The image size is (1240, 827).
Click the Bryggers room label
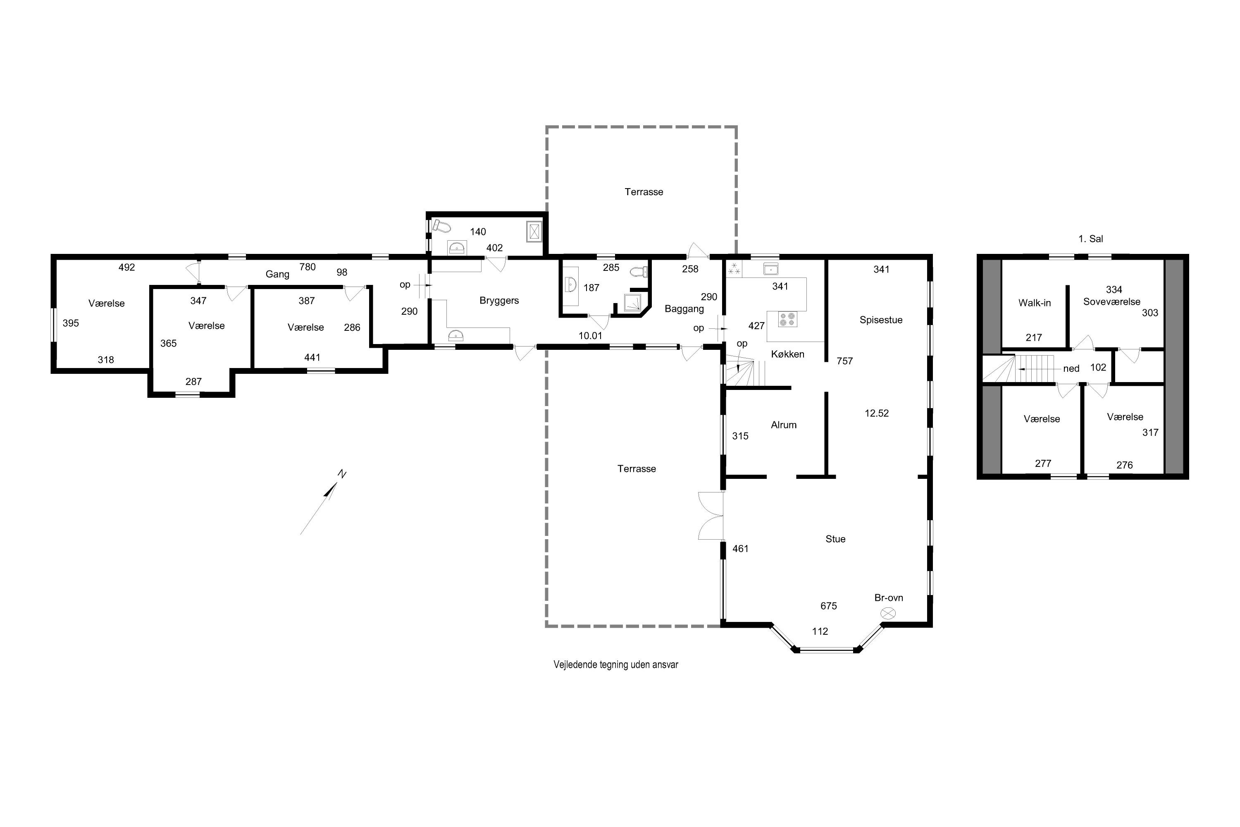(x=499, y=301)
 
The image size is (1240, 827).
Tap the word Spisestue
(x=881, y=320)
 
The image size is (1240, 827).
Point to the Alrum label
(x=783, y=425)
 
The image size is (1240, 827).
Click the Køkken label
(x=788, y=354)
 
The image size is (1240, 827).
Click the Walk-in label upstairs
(x=1035, y=303)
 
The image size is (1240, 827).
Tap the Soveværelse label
(x=1111, y=302)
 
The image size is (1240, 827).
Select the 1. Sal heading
(x=1090, y=239)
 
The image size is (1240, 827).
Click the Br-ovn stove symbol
(x=888, y=613)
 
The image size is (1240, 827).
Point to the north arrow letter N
(x=342, y=474)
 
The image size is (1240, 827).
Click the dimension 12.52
(x=876, y=413)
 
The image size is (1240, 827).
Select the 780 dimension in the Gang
(x=308, y=267)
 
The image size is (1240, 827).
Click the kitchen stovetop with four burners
(x=787, y=319)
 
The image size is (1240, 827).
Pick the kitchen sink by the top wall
(x=771, y=269)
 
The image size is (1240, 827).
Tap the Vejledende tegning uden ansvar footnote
(x=615, y=664)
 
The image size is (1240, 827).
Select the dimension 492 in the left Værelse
(x=126, y=268)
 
